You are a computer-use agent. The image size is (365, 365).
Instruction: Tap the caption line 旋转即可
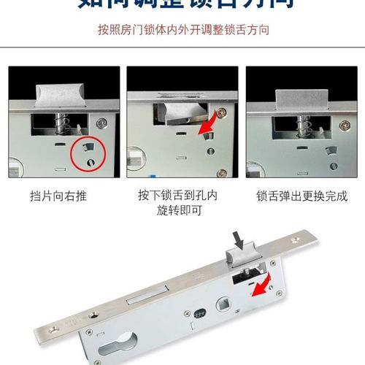click(182, 210)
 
